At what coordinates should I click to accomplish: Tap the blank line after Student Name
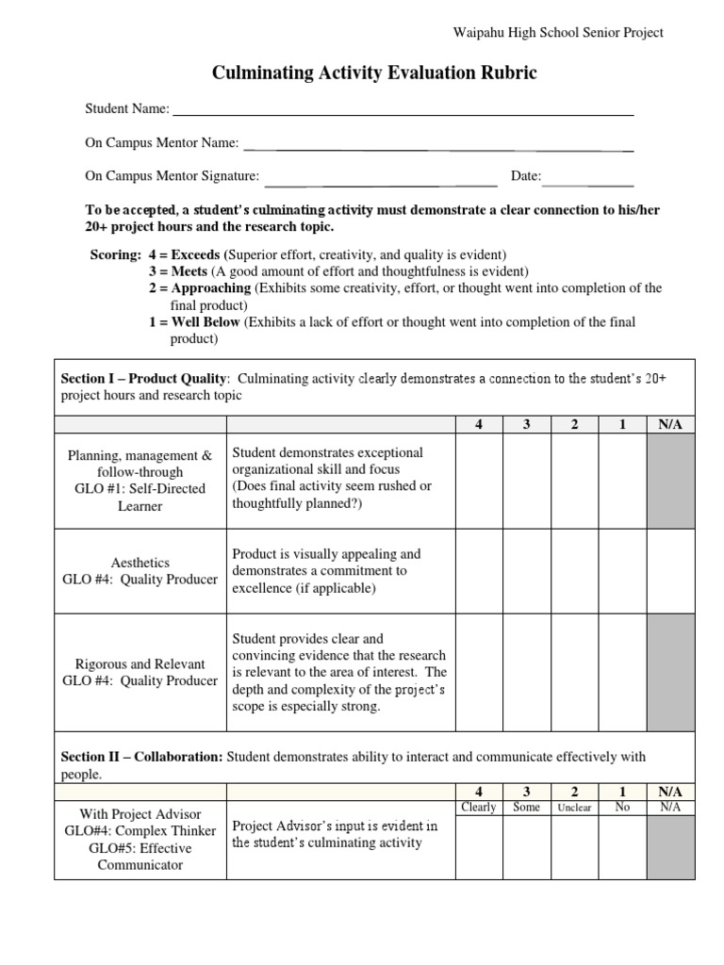(x=403, y=111)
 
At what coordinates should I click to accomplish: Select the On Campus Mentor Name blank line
(x=438, y=146)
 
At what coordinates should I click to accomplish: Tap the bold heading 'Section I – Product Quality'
(x=143, y=379)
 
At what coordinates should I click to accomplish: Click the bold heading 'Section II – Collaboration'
(x=142, y=757)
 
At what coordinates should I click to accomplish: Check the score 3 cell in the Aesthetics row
(x=526, y=571)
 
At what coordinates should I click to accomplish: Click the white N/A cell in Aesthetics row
(x=670, y=571)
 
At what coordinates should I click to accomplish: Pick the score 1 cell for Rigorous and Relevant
(x=622, y=672)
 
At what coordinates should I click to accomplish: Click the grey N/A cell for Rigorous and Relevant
(x=670, y=672)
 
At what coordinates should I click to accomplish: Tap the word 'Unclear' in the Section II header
(x=574, y=809)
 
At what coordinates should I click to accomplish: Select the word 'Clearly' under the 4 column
(x=479, y=808)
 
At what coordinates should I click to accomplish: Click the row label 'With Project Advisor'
(x=140, y=814)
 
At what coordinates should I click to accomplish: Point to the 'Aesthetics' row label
(x=140, y=563)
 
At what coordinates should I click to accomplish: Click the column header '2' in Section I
(x=574, y=425)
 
